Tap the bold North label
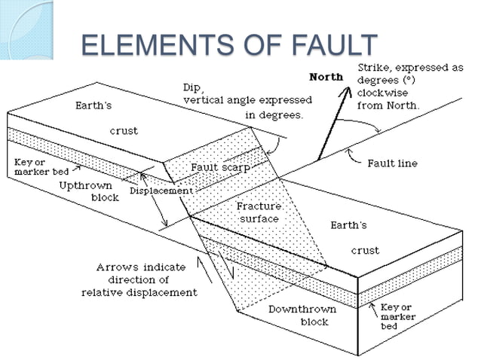tap(326, 77)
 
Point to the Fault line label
tap(392, 163)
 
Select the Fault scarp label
tap(220, 167)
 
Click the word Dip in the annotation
tap(191, 87)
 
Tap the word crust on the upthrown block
tap(124, 131)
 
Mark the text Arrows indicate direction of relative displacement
tap(139, 279)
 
